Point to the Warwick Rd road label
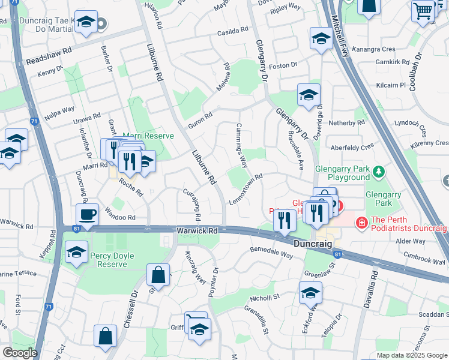coord(196,230)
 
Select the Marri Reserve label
coord(148,136)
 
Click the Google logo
coord(20,353)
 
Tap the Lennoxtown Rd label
coord(246,189)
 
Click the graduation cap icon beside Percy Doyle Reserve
coord(76,253)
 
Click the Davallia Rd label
coord(369,289)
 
